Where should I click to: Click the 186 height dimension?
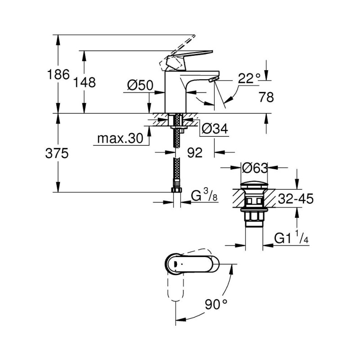[x=58, y=74]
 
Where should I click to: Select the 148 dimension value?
[x=84, y=82]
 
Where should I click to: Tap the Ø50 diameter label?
[x=140, y=85]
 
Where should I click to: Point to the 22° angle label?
[x=249, y=78]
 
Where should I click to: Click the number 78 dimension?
[x=266, y=97]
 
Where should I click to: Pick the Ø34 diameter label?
[x=215, y=129]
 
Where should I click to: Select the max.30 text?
[x=120, y=139]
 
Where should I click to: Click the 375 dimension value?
[x=57, y=153]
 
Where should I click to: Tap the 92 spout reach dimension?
[x=195, y=153]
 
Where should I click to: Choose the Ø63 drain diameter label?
[x=255, y=168]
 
